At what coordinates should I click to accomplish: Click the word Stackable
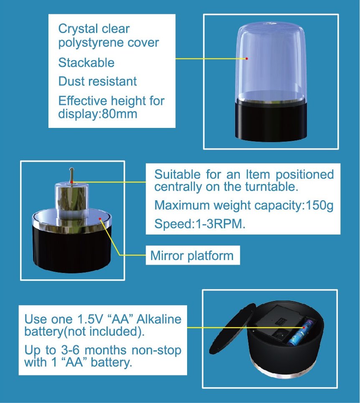(x=86, y=62)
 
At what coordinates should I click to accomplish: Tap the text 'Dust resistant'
(x=97, y=81)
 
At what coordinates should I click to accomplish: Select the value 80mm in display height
(x=120, y=114)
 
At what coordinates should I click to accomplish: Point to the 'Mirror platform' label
(x=192, y=255)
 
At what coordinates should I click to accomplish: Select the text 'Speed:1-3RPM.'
(x=200, y=224)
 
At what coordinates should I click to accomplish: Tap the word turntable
(x=271, y=186)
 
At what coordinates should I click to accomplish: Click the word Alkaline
(x=159, y=319)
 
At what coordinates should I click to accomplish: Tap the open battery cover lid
(x=232, y=329)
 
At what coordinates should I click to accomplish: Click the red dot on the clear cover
(x=246, y=59)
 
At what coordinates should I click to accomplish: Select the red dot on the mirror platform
(x=100, y=219)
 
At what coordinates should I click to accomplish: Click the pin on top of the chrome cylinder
(x=72, y=175)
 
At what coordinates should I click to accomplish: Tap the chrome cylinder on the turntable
(x=72, y=201)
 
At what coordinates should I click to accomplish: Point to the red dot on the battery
(x=304, y=328)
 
